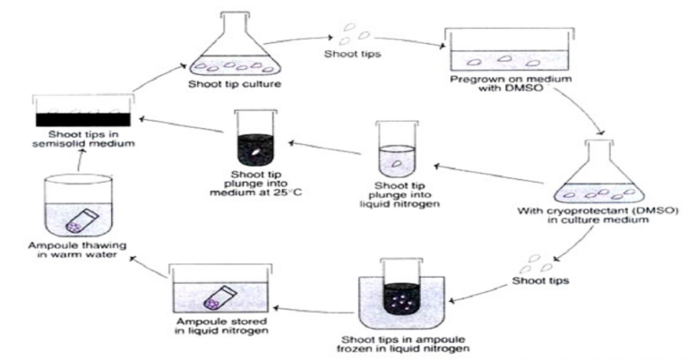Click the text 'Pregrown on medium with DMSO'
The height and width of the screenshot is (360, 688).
[x=506, y=91]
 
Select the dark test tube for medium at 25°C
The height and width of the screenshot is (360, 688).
[x=254, y=140]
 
